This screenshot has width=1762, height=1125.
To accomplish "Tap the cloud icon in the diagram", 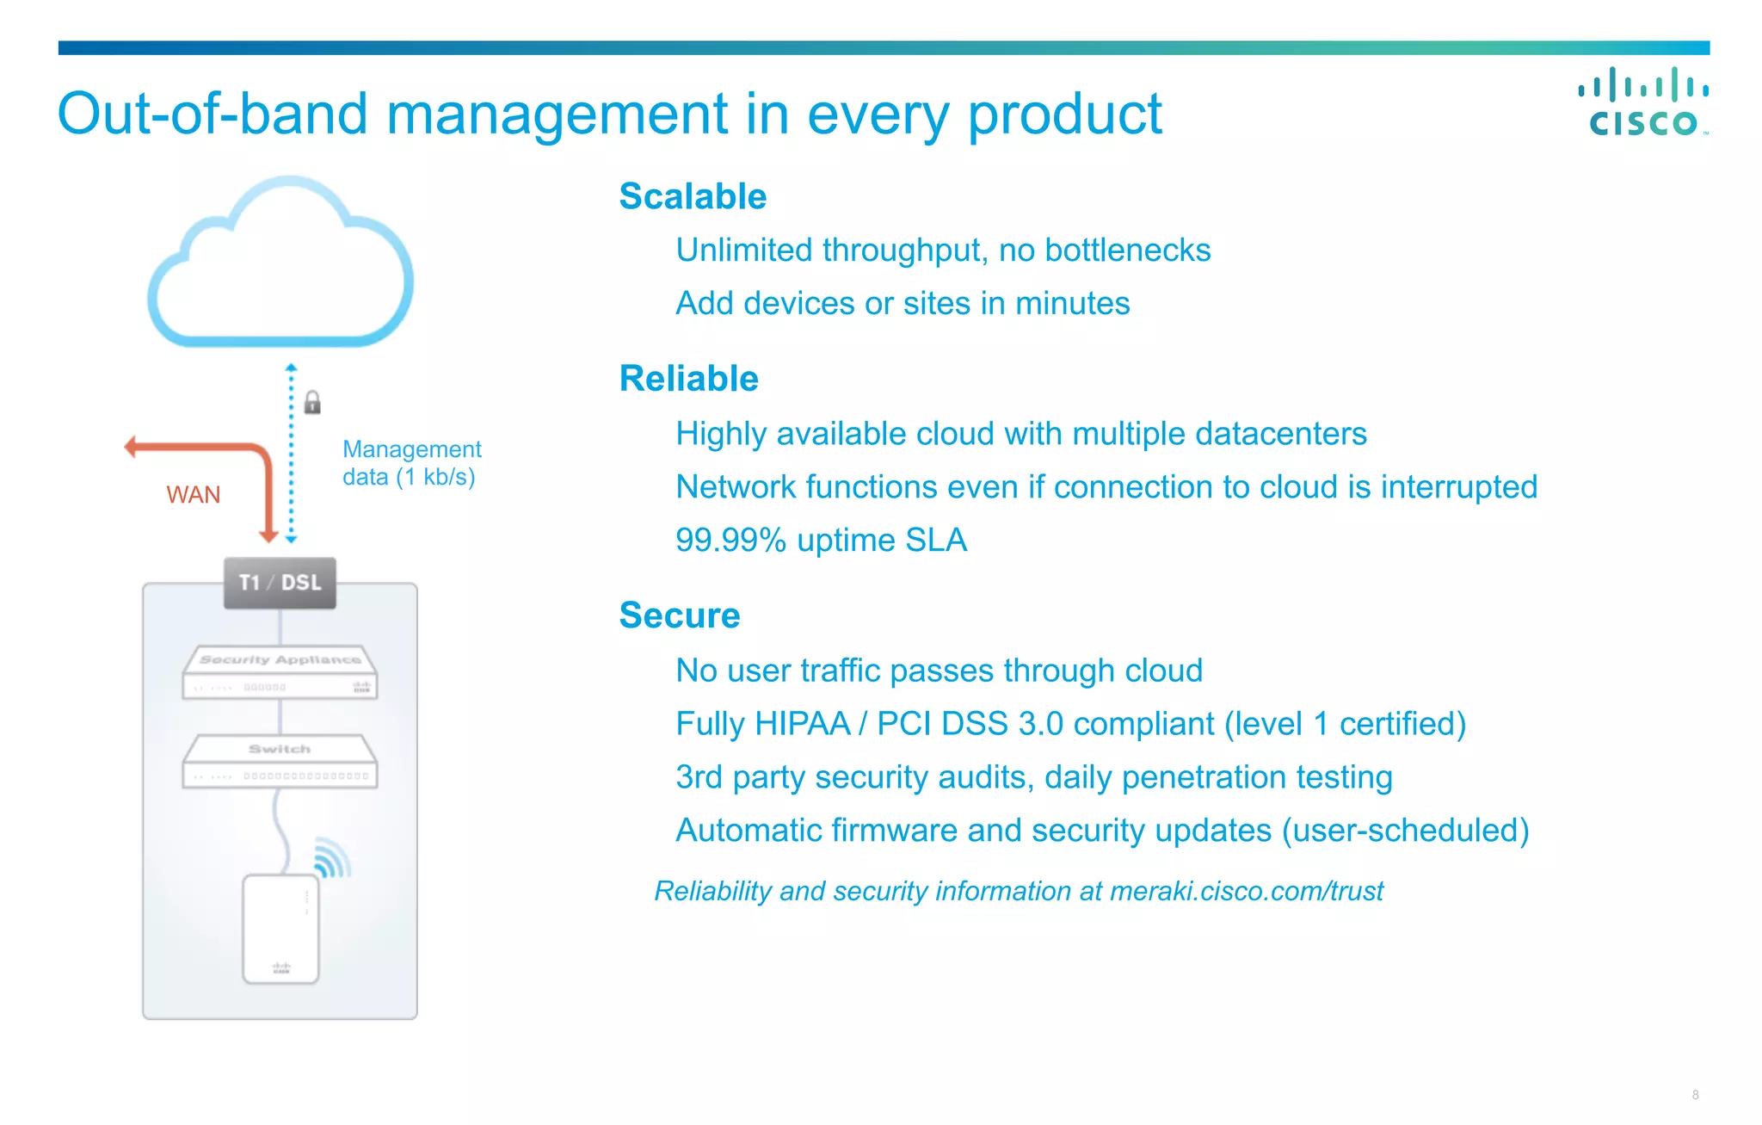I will click(281, 267).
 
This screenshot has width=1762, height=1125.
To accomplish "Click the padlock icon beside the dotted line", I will click(312, 402).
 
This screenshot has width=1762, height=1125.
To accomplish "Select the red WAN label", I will click(194, 495).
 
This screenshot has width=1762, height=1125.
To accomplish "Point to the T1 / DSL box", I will click(280, 583).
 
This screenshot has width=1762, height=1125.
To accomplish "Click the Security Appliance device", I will click(280, 672).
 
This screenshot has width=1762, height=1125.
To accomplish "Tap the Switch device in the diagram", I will click(280, 761).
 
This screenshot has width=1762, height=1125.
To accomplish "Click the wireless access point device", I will click(280, 929).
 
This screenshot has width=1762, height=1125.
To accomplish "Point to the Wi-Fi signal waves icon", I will click(332, 857).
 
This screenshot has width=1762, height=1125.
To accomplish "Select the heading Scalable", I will click(693, 196).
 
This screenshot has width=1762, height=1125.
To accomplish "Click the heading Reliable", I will click(688, 379).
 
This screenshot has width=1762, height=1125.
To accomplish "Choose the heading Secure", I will click(680, 615).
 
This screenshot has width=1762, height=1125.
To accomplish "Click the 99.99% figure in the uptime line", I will click(730, 541).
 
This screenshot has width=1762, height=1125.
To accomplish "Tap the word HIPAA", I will click(802, 724).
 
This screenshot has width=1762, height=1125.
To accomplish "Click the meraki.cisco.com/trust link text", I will click(1247, 891).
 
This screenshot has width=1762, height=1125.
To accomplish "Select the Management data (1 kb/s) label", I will click(411, 463).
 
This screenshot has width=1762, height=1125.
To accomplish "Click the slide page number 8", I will click(1695, 1095).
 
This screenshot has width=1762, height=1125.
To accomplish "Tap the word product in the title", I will click(1065, 114).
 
